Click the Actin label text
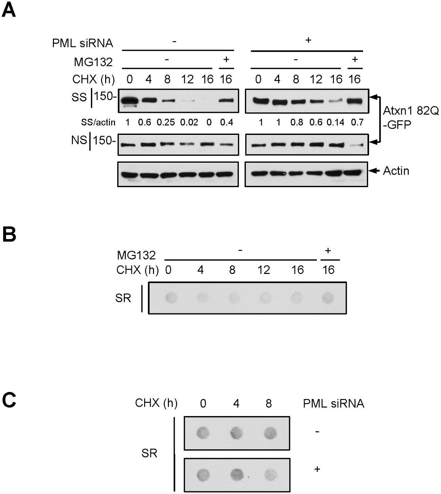[396, 171]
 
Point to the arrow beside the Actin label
[374, 171]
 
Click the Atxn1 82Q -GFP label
[411, 117]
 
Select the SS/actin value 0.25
[166, 122]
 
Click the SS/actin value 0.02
[189, 122]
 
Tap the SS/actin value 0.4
[226, 122]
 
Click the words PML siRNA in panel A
[82, 43]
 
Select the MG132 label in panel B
[136, 255]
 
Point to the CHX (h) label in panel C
[156, 403]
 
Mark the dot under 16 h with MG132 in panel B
[328, 298]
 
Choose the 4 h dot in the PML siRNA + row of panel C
[236, 474]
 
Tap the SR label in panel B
[123, 298]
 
